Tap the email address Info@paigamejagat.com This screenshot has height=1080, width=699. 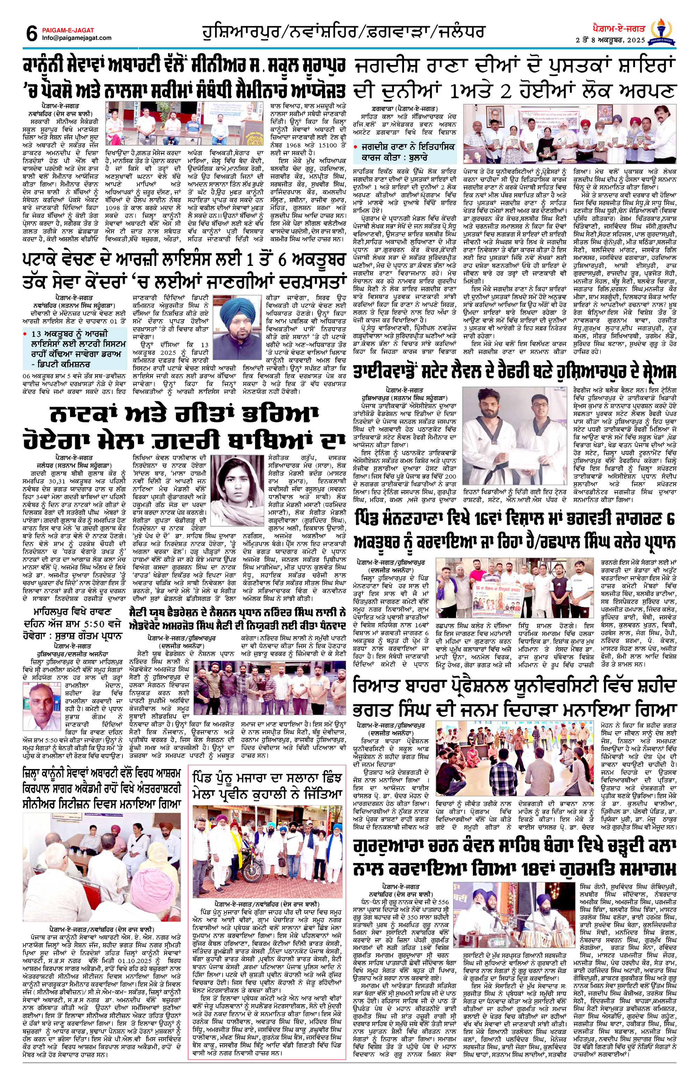[x=77, y=38]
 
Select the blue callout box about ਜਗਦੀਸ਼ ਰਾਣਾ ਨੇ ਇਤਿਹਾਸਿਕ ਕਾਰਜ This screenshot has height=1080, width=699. [x=404, y=152]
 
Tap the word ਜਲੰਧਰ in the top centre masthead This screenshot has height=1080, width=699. [x=461, y=32]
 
